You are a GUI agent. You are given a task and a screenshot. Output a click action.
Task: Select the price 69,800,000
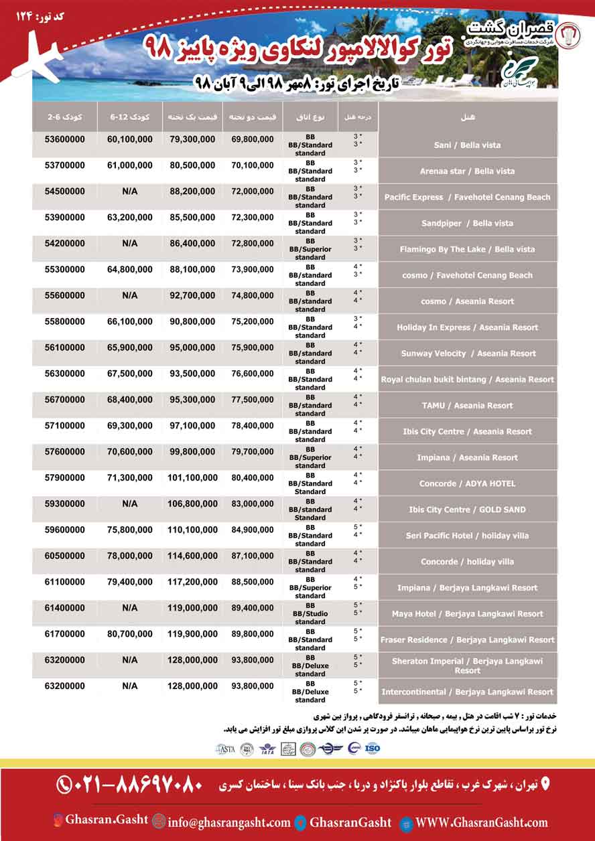click(x=253, y=139)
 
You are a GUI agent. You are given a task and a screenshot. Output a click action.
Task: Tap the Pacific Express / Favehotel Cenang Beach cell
click(x=468, y=198)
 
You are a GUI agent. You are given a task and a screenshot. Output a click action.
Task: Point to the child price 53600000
click(x=66, y=139)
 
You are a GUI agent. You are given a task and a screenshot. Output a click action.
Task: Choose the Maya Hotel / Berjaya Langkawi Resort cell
click(x=468, y=614)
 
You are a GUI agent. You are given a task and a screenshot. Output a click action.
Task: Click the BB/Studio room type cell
click(x=310, y=614)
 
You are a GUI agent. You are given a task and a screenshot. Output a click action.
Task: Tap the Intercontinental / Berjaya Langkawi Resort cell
click(x=468, y=692)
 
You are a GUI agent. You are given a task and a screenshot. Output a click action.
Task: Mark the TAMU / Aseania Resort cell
click(x=468, y=406)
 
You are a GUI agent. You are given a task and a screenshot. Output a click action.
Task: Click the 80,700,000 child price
click(x=129, y=634)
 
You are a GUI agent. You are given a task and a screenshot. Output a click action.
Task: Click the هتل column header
click(x=468, y=117)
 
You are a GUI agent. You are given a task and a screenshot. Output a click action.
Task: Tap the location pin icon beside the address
click(x=544, y=783)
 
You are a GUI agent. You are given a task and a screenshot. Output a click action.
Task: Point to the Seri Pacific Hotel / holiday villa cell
click(x=468, y=536)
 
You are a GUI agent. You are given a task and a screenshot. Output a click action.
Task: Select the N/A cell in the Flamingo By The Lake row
click(x=129, y=244)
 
